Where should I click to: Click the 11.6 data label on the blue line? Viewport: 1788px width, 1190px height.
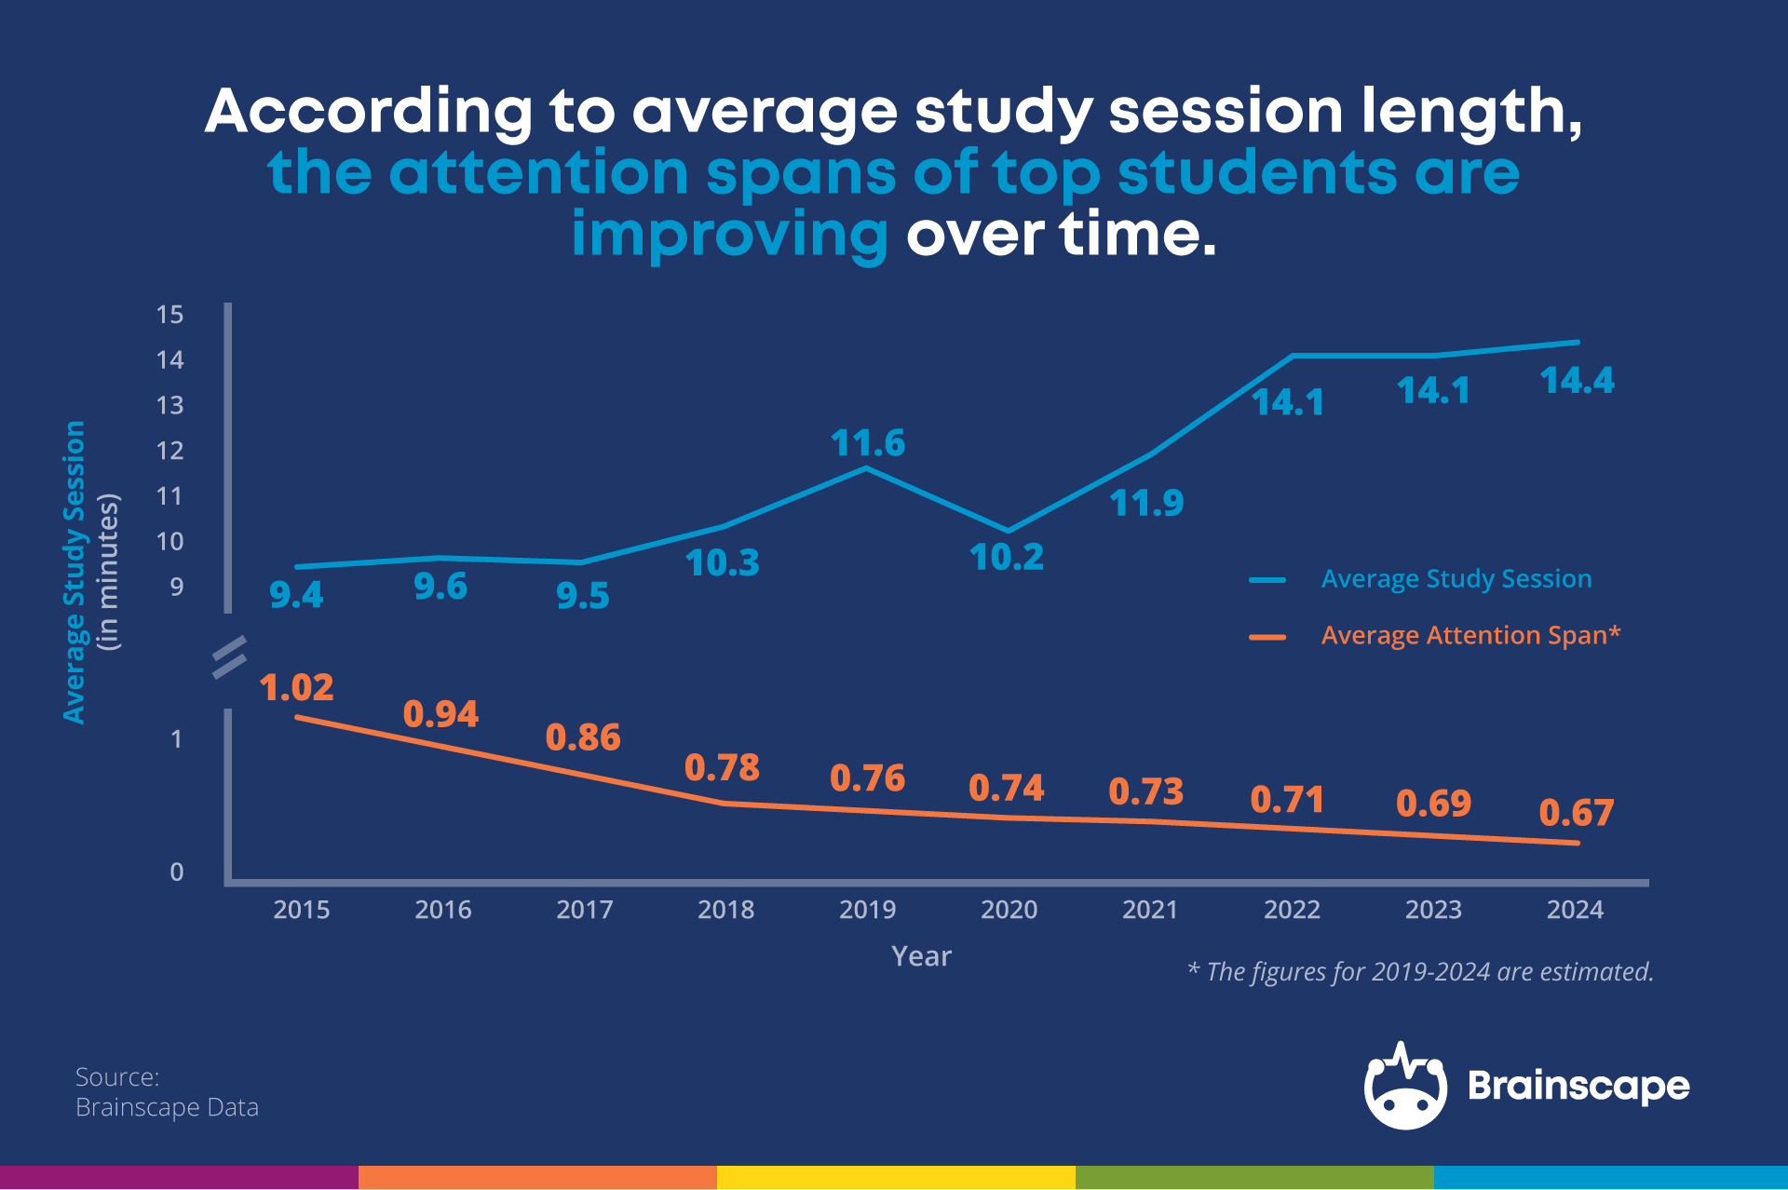click(x=867, y=443)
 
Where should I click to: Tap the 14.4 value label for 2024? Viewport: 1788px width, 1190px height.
click(x=1577, y=381)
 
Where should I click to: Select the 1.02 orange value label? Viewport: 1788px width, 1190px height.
click(x=296, y=688)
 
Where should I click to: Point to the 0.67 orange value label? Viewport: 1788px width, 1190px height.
click(x=1576, y=813)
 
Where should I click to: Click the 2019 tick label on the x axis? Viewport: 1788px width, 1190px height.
click(x=867, y=910)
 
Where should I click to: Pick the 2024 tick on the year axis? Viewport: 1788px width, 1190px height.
click(x=1575, y=910)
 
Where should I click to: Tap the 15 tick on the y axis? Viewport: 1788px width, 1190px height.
click(x=170, y=315)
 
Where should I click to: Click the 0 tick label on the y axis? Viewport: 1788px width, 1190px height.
click(x=176, y=872)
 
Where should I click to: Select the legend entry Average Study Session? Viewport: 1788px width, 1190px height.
click(x=1456, y=579)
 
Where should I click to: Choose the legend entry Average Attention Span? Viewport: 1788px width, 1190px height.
click(x=1470, y=636)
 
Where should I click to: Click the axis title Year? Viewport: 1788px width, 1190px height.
click(x=921, y=956)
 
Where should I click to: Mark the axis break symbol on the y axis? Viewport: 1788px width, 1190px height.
click(x=229, y=657)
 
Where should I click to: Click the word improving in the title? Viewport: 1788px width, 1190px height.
click(x=729, y=235)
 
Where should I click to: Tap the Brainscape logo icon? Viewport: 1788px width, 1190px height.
click(x=1405, y=1087)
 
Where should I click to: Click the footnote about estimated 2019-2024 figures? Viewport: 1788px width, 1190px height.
click(x=1420, y=972)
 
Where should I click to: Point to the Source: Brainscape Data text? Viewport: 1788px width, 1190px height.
click(x=167, y=1092)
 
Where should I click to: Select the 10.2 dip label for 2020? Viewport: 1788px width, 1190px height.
click(x=1006, y=558)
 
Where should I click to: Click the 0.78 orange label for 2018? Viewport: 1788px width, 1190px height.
click(x=722, y=768)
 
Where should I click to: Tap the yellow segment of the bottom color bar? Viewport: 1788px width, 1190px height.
click(x=896, y=1177)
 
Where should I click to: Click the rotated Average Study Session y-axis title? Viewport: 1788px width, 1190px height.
click(x=74, y=572)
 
